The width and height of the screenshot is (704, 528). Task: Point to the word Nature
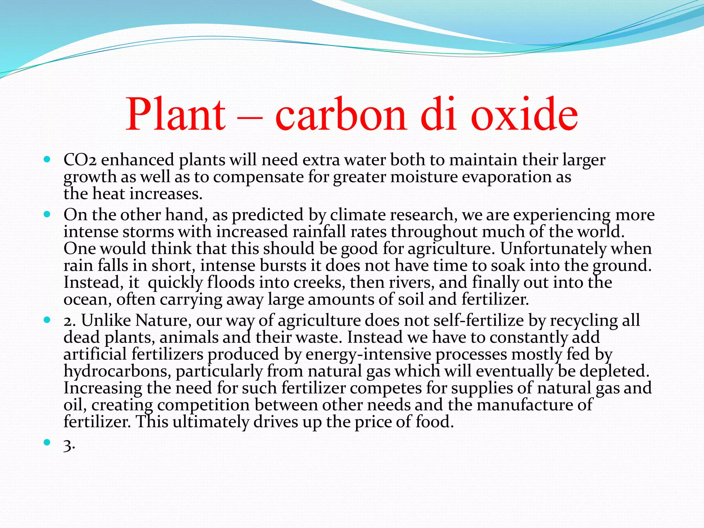pyautogui.click(x=163, y=321)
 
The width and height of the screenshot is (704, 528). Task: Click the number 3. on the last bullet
pyautogui.click(x=69, y=446)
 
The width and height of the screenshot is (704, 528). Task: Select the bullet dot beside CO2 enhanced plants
pyautogui.click(x=47, y=160)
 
